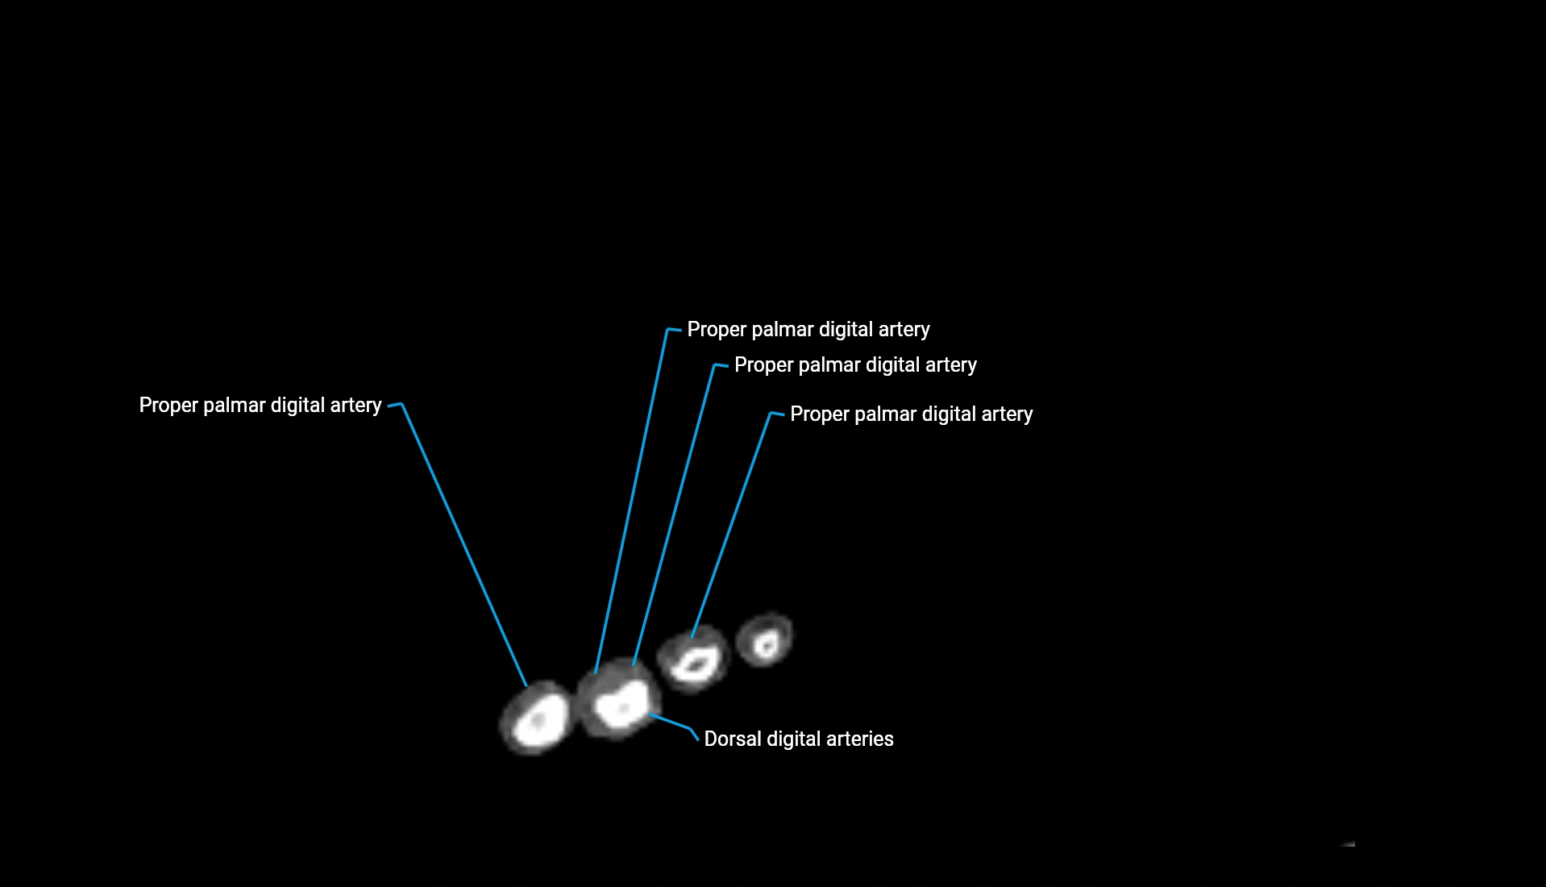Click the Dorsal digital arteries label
coord(798,739)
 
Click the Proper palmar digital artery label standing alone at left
coord(260,405)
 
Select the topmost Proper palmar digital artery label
coord(808,329)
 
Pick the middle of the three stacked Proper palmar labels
coord(855,364)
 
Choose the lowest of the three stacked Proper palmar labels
coord(911,414)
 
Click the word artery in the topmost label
coord(904,329)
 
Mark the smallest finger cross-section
coord(765,640)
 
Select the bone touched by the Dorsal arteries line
coord(621,704)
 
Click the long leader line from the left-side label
coord(463,544)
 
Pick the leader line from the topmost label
coord(632,500)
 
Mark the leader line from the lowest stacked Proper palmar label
coord(732,524)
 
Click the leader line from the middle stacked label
coord(674,516)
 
